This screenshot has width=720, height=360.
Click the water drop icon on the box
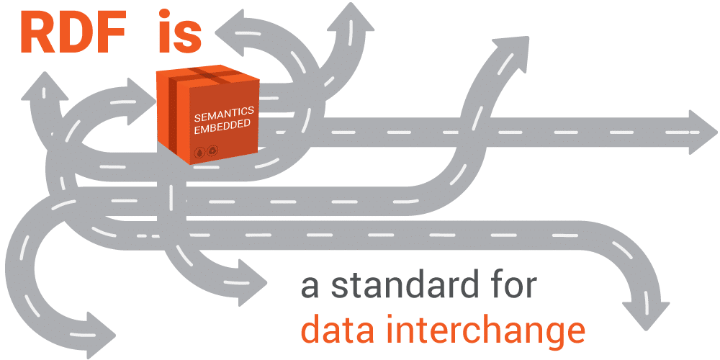(199, 153)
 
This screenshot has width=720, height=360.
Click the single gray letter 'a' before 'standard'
(310, 287)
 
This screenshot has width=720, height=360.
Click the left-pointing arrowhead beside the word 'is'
(229, 30)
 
